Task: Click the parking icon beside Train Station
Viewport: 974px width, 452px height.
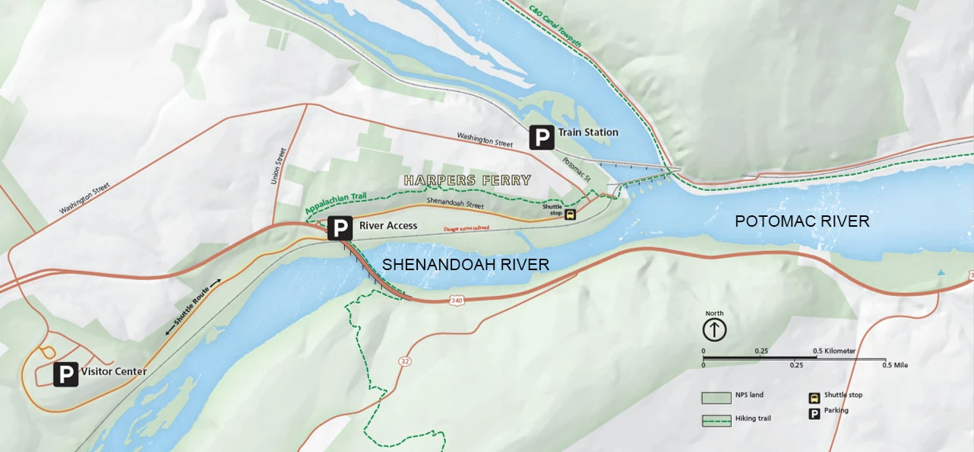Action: pos(541,138)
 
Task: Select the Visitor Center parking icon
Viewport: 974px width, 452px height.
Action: pos(66,374)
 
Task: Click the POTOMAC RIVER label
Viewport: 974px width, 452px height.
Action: pos(802,221)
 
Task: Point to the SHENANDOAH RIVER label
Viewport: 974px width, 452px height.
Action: pos(465,265)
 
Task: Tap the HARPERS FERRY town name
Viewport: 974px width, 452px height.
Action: pos(467,180)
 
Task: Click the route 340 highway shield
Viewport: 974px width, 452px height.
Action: pos(457,301)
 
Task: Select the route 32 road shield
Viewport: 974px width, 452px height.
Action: pos(404,360)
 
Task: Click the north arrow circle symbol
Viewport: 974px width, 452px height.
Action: pos(714,329)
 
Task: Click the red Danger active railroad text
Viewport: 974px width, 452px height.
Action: pos(466,228)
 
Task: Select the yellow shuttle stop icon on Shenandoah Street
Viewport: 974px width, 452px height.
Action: pos(571,215)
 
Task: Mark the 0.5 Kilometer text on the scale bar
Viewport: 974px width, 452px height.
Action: pos(834,351)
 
